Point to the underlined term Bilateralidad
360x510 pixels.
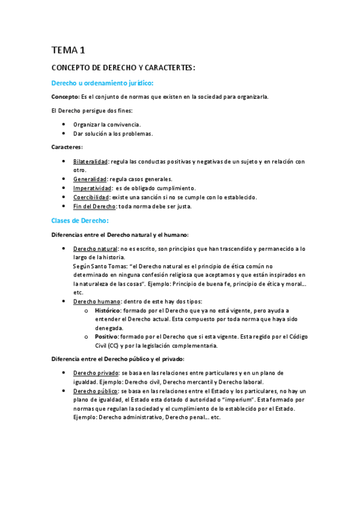coord(90,161)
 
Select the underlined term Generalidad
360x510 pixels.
coord(90,179)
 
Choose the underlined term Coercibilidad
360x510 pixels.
coord(91,197)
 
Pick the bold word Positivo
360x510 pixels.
coord(106,337)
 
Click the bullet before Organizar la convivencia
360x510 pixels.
coord(64,124)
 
